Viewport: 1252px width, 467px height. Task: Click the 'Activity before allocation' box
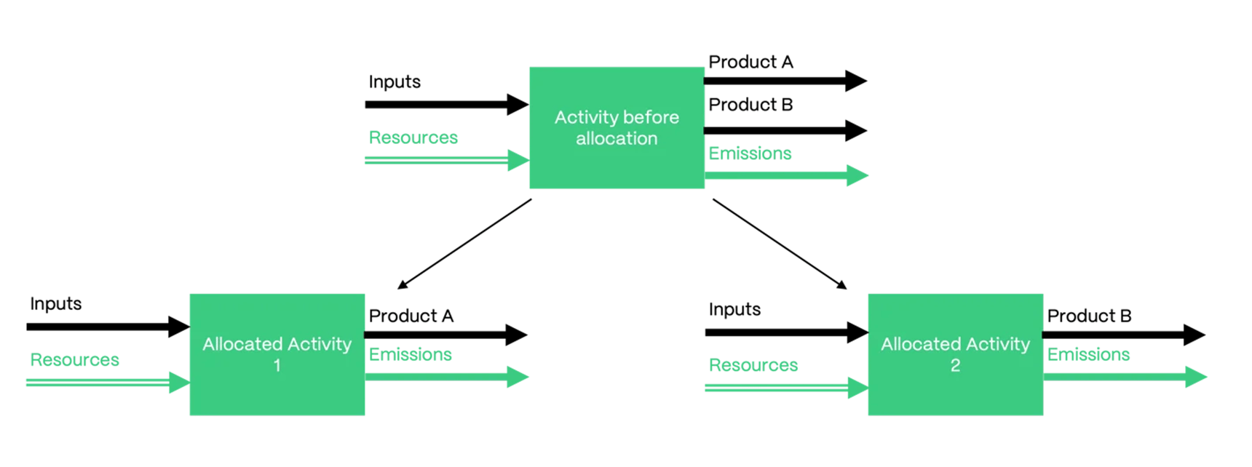coord(617,128)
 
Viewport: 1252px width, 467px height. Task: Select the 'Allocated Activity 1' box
coord(277,354)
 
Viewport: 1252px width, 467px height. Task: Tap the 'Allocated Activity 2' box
coord(955,354)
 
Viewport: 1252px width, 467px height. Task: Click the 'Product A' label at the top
coord(750,62)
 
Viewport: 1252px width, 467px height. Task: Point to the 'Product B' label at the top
coord(750,105)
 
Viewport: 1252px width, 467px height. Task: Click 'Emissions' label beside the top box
coord(750,153)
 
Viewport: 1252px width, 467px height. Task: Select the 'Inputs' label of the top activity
coord(395,81)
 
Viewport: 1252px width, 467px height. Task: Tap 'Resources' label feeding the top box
coord(413,137)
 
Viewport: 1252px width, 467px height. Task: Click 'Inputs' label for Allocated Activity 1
coord(56,303)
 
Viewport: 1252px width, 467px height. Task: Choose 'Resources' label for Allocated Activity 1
coord(74,359)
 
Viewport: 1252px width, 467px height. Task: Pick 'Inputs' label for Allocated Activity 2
coord(734,309)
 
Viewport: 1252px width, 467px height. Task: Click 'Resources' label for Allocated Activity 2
coord(753,365)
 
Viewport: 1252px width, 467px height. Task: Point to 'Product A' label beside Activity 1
coord(411,316)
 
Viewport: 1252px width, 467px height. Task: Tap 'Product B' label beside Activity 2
coord(1089,316)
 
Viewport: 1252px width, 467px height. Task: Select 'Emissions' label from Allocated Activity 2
coord(1088,354)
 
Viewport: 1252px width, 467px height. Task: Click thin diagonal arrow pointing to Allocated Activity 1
coord(466,244)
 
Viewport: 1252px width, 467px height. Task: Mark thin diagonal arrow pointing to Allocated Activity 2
coord(779,244)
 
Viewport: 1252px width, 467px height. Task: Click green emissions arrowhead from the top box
coord(857,175)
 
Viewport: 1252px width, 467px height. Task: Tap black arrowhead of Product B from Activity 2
coord(1194,335)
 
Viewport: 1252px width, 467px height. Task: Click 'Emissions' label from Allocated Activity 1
coord(410,354)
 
